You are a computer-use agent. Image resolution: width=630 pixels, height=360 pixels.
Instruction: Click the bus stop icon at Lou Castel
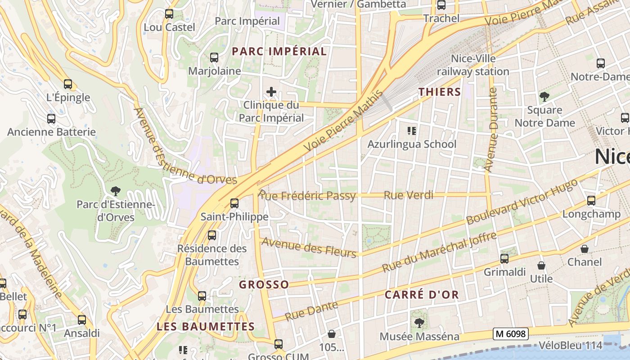coord(169,14)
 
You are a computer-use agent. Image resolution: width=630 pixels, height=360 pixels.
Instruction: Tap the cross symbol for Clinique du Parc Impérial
coord(271,92)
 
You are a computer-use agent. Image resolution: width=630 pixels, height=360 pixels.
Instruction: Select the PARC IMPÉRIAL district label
coord(279,51)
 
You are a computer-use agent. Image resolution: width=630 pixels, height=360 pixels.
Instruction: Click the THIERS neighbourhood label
coord(440,92)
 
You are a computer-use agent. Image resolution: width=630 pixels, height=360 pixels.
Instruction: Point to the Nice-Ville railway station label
coord(473,65)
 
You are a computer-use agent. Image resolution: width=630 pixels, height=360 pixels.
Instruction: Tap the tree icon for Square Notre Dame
coord(544,96)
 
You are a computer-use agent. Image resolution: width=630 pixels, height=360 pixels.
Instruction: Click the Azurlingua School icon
coord(411,131)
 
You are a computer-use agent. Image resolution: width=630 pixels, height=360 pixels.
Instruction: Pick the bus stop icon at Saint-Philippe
coord(234,203)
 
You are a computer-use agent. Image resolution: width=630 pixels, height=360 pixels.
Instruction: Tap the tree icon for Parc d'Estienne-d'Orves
coord(116,191)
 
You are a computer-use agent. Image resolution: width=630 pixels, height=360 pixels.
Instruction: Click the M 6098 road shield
coord(510,334)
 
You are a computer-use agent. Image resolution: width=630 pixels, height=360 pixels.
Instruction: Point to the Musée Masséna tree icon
coord(419,323)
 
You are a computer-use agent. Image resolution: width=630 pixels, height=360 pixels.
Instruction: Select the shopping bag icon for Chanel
coord(585,248)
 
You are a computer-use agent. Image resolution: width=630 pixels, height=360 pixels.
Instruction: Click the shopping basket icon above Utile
coord(541,265)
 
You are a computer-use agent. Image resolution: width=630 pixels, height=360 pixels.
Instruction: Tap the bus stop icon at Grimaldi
coord(504,259)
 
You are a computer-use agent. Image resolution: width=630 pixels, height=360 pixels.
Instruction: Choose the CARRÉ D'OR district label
coord(422,295)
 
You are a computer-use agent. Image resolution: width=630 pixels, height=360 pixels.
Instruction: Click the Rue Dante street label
coord(311,311)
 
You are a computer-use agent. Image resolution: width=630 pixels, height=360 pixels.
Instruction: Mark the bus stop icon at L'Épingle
coord(68,84)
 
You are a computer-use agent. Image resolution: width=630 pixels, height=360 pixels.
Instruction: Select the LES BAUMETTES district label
coord(206,327)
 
